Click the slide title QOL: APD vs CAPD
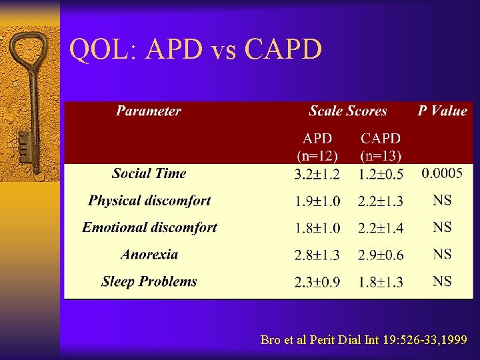click(196, 49)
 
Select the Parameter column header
click(148, 111)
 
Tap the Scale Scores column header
click(347, 111)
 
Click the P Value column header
click(442, 111)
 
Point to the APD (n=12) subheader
click(317, 147)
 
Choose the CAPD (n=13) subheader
click(381, 147)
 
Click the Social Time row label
click(149, 173)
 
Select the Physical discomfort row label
click(149, 201)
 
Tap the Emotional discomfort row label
click(149, 227)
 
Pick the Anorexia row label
click(149, 255)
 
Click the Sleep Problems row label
click(149, 281)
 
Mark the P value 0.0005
click(442, 174)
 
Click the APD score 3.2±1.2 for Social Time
click(317, 175)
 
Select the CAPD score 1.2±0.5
click(381, 175)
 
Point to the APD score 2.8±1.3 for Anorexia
click(317, 255)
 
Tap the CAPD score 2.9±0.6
click(381, 255)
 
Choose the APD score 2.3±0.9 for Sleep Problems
click(317, 283)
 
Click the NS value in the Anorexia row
click(442, 255)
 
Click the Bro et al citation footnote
click(365, 340)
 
